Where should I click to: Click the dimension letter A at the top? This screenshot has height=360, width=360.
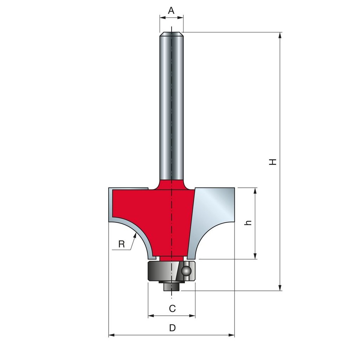click(171, 10)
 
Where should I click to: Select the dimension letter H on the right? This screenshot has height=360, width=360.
click(273, 162)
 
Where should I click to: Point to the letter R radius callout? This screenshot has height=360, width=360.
click(121, 244)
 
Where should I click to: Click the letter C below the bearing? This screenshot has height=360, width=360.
click(172, 309)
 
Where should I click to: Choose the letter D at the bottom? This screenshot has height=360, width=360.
click(172, 328)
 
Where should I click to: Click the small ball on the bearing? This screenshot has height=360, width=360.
click(186, 271)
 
